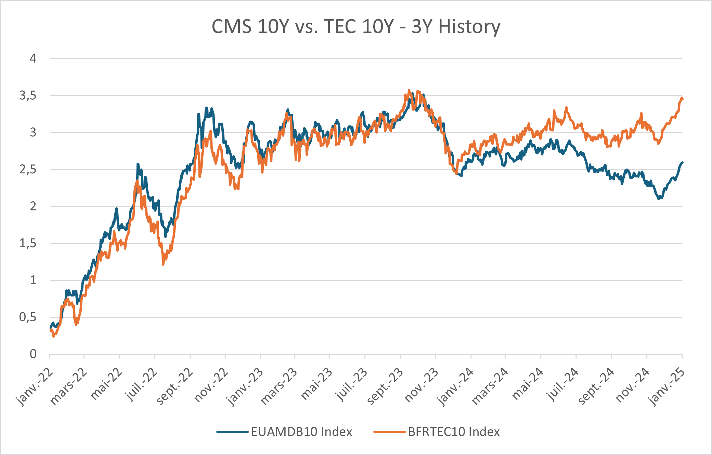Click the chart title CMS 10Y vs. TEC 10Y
point(356,27)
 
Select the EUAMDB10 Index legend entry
point(301,432)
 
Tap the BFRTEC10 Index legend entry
point(454,432)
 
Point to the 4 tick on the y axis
point(33,59)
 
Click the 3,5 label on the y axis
point(28,96)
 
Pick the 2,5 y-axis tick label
point(28,169)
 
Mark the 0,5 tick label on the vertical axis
point(28,317)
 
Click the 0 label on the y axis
point(33,354)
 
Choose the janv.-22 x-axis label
point(35,387)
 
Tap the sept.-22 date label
point(174,387)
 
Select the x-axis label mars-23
point(279,387)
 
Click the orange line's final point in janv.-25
point(682,99)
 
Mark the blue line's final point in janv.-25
point(682,163)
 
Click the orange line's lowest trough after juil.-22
point(163,264)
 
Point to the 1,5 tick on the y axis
point(28,243)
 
